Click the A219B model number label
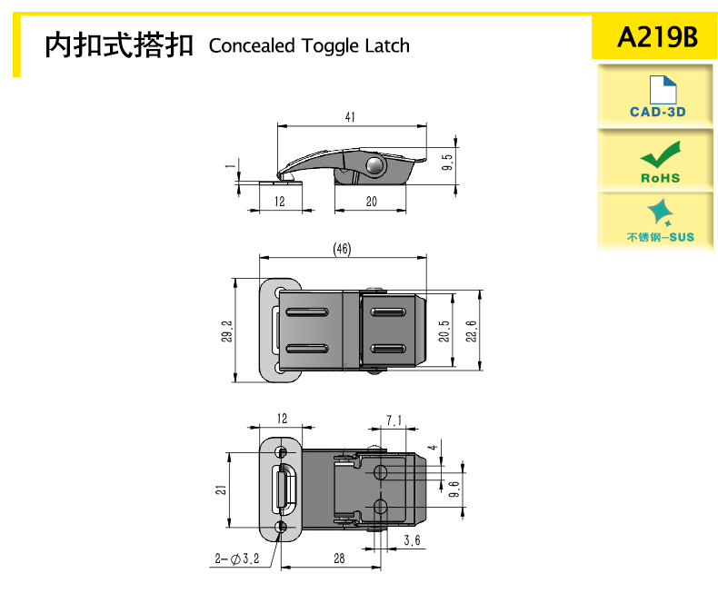656,38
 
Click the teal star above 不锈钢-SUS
661,213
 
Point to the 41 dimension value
350,117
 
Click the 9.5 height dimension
446,163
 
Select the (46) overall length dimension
342,249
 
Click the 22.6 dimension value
470,331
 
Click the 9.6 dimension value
454,490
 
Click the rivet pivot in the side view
374,164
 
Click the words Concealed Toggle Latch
309,45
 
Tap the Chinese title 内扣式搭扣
119,44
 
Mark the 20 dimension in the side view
371,202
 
